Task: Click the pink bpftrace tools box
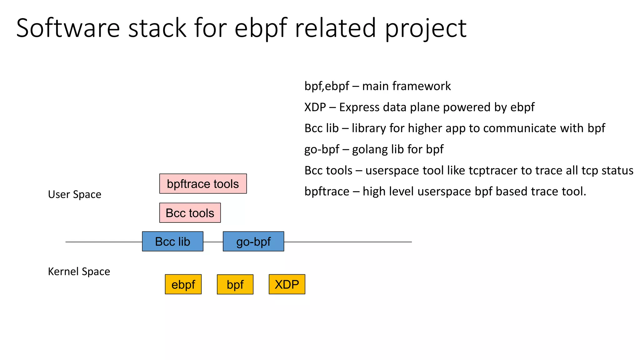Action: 203,184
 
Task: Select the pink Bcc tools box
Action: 190,213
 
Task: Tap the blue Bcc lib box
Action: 172,242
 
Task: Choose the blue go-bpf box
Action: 253,242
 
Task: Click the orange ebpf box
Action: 183,284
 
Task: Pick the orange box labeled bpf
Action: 235,284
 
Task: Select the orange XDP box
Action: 287,284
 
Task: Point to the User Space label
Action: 74,194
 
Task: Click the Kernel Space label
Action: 79,271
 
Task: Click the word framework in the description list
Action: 421,86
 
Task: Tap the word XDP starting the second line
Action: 315,107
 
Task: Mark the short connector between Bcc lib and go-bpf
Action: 213,242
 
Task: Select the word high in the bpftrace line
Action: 374,191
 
